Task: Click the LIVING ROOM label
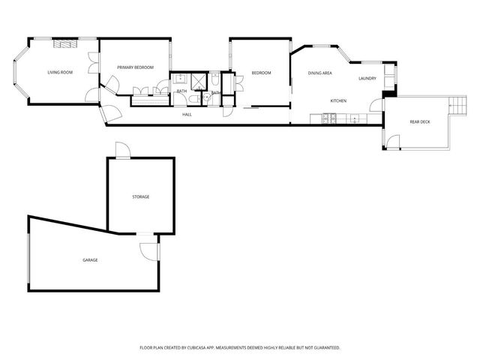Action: click(x=60, y=73)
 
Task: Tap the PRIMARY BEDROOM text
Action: click(x=135, y=67)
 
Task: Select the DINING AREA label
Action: click(x=320, y=73)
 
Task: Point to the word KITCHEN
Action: click(x=338, y=100)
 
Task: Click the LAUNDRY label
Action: click(x=367, y=79)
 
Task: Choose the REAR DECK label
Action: click(x=419, y=121)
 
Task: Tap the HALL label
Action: click(x=187, y=115)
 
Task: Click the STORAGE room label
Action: click(x=141, y=196)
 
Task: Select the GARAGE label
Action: click(x=90, y=259)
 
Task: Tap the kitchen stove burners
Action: click(x=328, y=118)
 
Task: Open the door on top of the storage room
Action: click(x=122, y=150)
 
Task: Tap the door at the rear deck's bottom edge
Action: click(x=391, y=141)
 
